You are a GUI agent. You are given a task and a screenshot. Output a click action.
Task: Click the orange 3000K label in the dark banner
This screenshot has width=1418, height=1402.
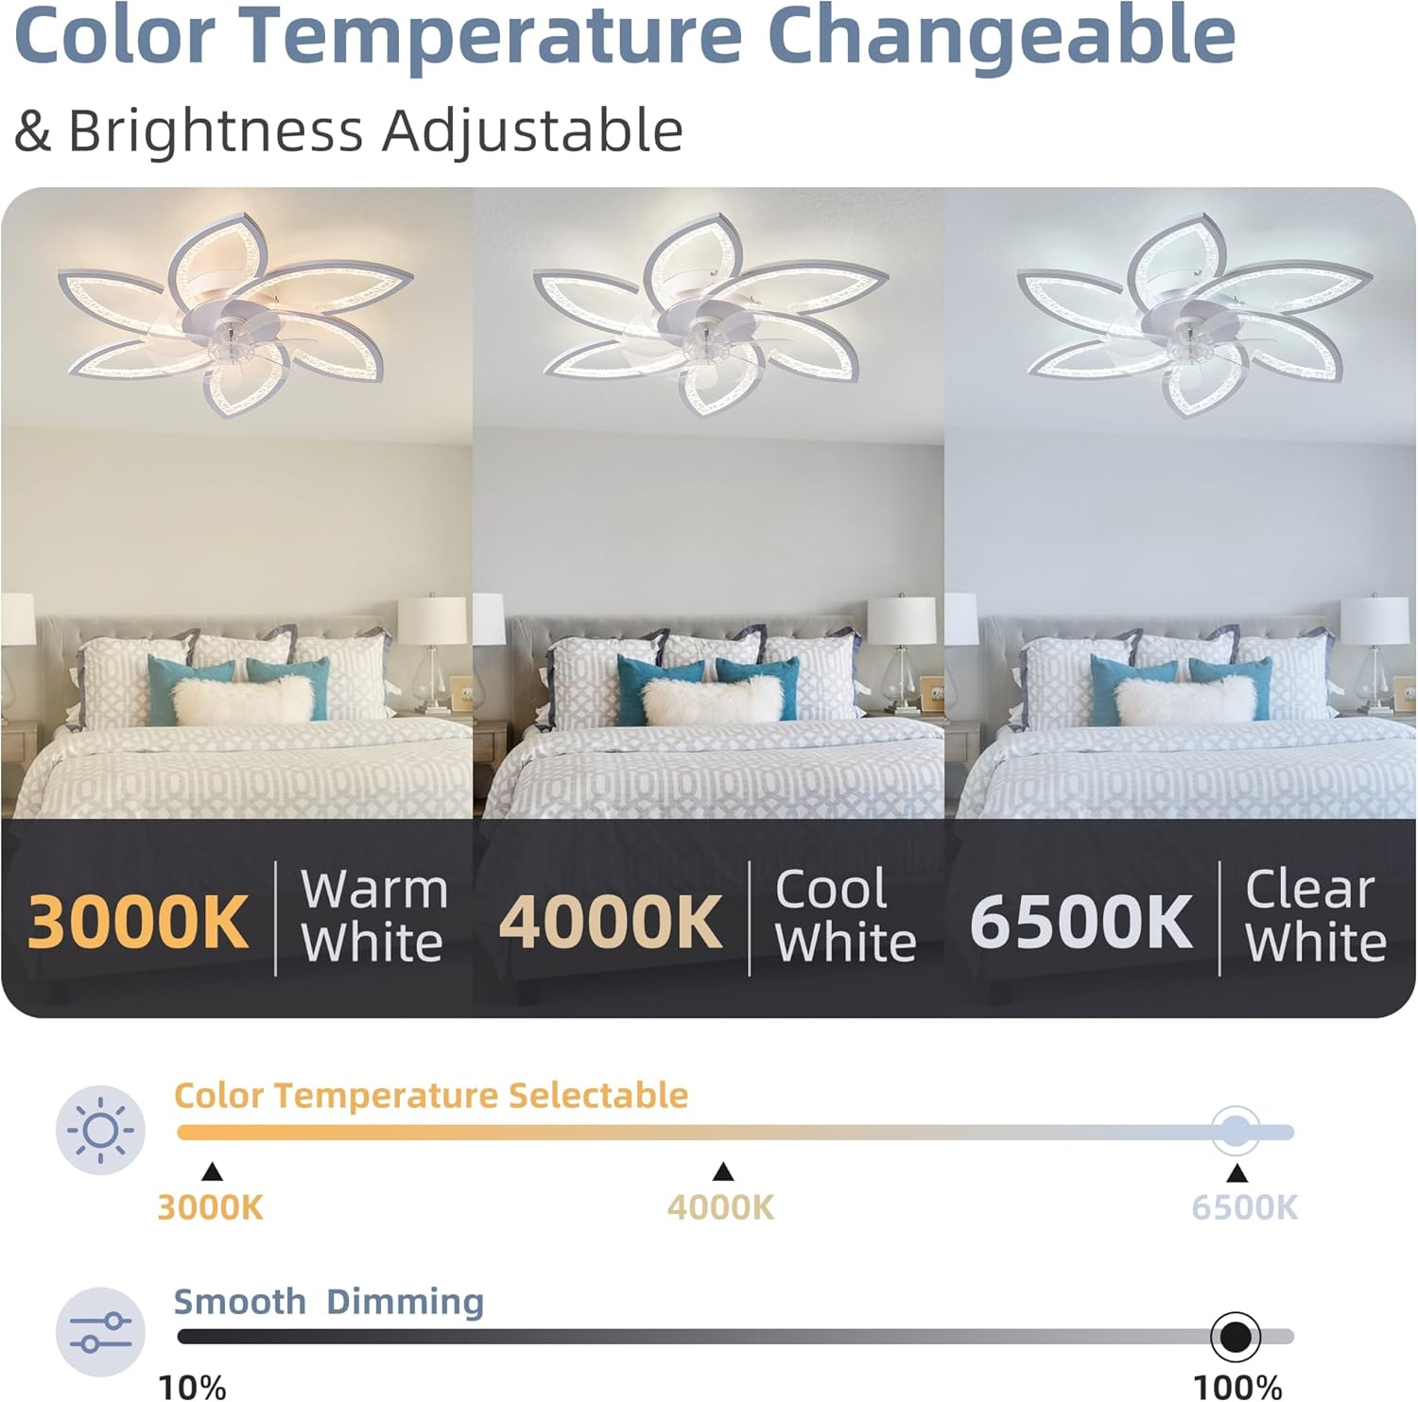[x=138, y=922]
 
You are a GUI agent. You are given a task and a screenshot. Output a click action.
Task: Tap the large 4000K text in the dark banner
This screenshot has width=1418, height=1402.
[x=610, y=922]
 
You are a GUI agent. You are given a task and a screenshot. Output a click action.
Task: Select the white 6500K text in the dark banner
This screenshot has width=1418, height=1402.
[x=1081, y=922]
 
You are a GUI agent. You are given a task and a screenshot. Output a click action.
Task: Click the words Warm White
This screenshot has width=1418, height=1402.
[x=373, y=916]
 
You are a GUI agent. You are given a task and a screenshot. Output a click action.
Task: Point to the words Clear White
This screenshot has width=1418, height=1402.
[x=1315, y=916]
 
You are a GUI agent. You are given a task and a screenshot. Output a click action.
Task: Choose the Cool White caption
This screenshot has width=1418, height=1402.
[x=845, y=916]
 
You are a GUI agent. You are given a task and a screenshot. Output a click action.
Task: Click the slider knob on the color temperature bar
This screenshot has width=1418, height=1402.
[x=1235, y=1131]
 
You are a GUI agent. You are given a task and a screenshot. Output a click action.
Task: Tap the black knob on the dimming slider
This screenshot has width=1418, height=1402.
[x=1235, y=1337]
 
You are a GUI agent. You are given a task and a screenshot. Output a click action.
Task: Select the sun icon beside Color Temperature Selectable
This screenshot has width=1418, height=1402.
[x=100, y=1130]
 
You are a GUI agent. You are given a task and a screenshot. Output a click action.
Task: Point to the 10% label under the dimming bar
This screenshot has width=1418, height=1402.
[x=193, y=1387]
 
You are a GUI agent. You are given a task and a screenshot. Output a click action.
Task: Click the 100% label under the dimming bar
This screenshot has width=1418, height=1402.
[x=1236, y=1387]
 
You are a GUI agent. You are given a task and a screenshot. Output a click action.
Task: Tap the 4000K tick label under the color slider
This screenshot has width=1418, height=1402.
[x=720, y=1207]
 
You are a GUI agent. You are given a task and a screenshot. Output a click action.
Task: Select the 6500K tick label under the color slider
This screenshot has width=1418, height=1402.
[x=1244, y=1207]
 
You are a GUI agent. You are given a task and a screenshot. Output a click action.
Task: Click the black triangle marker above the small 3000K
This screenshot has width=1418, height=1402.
[x=212, y=1172]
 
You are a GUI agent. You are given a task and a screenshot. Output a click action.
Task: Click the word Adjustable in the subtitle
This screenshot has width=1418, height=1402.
[x=532, y=130]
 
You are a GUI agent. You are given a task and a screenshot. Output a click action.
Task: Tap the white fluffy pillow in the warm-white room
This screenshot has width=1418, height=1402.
[x=242, y=700]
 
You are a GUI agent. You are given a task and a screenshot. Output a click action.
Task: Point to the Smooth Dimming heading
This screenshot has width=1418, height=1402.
[x=328, y=1302]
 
